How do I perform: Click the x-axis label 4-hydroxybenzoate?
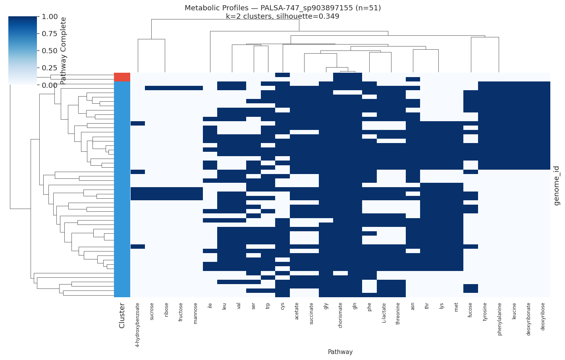[137, 325]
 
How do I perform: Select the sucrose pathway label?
[152, 312]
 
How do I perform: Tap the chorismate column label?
[340, 314]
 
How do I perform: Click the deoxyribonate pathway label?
[528, 319]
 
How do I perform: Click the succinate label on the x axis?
[311, 314]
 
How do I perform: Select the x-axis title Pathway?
[340, 352]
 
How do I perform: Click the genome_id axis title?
[557, 186]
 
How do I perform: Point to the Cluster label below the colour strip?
[122, 315]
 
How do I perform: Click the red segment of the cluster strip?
[122, 77]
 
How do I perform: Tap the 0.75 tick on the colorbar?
[50, 34]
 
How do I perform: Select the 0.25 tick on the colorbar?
[50, 68]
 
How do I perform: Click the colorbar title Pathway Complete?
[64, 50]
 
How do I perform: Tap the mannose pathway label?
[195, 314]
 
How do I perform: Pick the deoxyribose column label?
[543, 317]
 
